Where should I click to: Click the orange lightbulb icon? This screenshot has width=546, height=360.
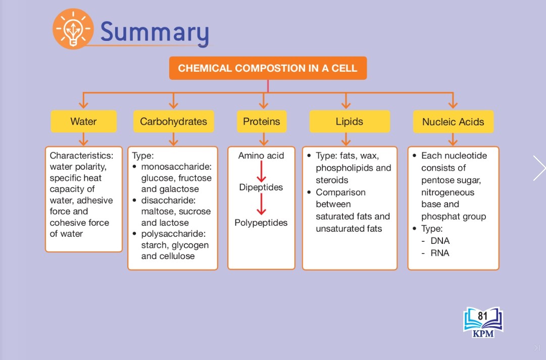coord(73,29)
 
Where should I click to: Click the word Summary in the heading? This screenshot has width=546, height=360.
coord(155,32)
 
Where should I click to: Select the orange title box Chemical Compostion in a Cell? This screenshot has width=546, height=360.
coord(268,68)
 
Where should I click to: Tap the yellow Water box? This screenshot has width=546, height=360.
coord(83,122)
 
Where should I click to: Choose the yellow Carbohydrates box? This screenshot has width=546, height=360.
coord(173,122)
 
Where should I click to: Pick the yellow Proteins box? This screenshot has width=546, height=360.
coord(262,122)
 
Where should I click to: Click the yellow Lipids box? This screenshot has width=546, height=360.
coord(349,122)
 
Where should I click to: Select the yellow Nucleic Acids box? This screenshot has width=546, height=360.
coord(453,122)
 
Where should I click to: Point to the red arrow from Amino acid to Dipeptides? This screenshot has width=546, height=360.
coord(262,171)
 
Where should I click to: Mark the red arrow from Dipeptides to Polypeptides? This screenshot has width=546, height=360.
coord(262,204)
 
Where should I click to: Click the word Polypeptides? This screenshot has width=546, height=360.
coord(261,223)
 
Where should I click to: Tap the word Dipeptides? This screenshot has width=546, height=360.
coord(261,187)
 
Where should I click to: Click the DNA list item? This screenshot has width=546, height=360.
coord(440,241)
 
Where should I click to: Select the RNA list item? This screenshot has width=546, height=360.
coord(440,253)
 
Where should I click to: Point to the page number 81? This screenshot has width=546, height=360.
coord(483,316)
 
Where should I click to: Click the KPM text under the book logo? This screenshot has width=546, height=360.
coord(483,334)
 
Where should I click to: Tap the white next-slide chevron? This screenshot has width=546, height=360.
coord(539,168)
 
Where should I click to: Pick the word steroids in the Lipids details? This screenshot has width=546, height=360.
coord(332,180)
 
